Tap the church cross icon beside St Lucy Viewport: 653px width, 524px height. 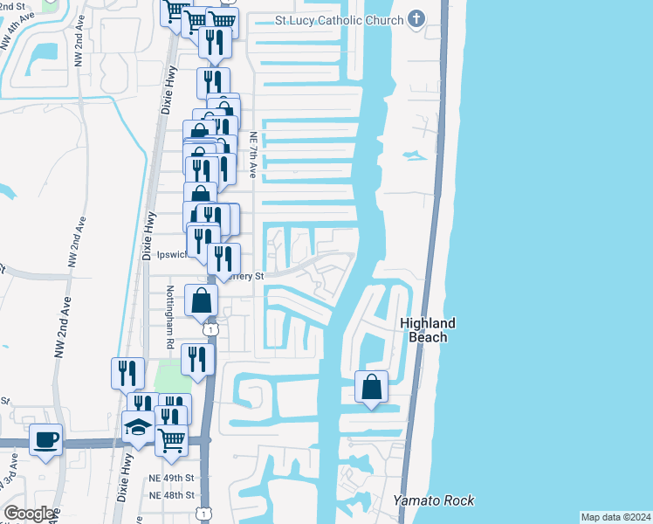pyautogui.click(x=416, y=19)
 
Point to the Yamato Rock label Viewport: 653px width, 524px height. pyautogui.click(x=434, y=500)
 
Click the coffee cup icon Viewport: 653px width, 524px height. pyautogui.click(x=45, y=438)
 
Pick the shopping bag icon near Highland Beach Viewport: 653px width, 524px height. pyautogui.click(x=372, y=386)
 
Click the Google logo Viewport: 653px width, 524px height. pyautogui.click(x=28, y=513)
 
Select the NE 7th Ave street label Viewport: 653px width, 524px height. pyautogui.click(x=252, y=155)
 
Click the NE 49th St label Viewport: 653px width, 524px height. pyautogui.click(x=170, y=479)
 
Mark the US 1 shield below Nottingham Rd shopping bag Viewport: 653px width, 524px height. pyautogui.click(x=210, y=329)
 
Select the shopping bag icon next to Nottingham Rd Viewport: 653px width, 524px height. pyautogui.click(x=201, y=300)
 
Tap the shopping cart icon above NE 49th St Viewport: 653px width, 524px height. pyautogui.click(x=172, y=440)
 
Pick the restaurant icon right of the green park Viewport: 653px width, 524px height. pyautogui.click(x=198, y=359)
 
